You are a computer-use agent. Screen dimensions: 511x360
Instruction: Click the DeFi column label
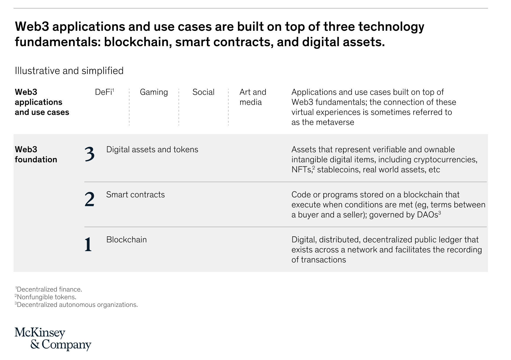[104, 92]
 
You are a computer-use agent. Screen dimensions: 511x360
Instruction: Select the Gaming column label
[154, 92]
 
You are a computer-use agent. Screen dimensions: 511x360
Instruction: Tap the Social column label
[203, 92]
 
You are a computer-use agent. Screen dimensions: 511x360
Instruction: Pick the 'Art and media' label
[253, 97]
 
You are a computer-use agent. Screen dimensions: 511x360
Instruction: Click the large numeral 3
[89, 154]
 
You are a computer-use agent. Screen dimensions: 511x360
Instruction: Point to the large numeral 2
[89, 199]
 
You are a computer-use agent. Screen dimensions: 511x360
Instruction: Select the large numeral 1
[88, 244]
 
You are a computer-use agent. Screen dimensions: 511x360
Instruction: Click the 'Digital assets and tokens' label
[152, 150]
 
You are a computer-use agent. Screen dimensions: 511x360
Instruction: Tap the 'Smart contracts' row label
[135, 194]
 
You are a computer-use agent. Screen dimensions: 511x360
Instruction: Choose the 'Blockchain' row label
[126, 239]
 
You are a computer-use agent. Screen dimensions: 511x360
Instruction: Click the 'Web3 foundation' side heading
[36, 154]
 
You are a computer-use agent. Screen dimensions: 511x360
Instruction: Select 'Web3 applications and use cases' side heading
[42, 102]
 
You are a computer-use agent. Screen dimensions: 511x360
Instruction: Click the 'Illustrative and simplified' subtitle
[69, 71]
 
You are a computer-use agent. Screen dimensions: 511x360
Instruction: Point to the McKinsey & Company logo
[53, 339]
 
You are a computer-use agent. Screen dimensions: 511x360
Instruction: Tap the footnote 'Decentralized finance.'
[48, 289]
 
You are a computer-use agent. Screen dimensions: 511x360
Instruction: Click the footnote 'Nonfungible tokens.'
[45, 297]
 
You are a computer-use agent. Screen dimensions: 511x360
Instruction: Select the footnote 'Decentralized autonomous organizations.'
[76, 305]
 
